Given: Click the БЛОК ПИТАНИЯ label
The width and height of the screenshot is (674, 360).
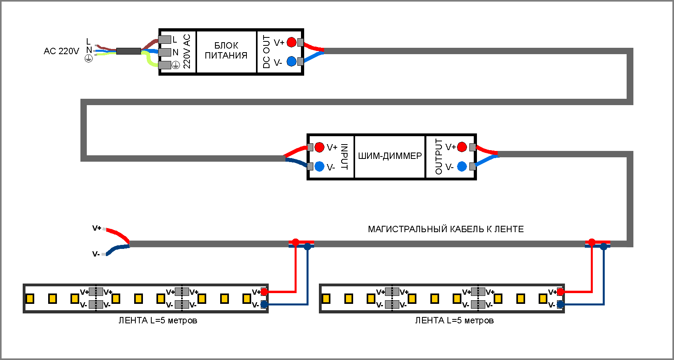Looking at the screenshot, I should pyautogui.click(x=226, y=51).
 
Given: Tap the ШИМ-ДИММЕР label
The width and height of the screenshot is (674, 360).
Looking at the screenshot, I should pyautogui.click(x=390, y=156).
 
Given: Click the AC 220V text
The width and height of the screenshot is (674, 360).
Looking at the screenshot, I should pyautogui.click(x=61, y=51).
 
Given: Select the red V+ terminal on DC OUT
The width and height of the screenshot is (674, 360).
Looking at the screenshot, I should pyautogui.click(x=291, y=42).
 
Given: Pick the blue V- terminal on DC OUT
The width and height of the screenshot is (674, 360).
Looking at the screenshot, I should pyautogui.click(x=291, y=61).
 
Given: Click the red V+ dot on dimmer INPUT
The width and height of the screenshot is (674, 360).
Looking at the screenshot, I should pyautogui.click(x=319, y=147).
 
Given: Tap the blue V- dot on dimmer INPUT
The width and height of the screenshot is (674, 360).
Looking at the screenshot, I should pyautogui.click(x=319, y=166).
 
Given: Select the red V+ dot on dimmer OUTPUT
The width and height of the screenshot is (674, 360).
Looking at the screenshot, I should pyautogui.click(x=462, y=147).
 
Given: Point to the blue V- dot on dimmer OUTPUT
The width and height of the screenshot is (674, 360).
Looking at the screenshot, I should pyautogui.click(x=462, y=166).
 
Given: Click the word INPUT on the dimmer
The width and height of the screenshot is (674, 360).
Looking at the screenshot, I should pyautogui.click(x=345, y=157).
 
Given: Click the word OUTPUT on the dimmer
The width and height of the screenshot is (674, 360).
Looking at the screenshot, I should pyautogui.click(x=439, y=157).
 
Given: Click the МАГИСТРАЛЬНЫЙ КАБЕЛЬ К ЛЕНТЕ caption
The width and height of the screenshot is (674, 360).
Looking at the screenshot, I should pyautogui.click(x=445, y=229).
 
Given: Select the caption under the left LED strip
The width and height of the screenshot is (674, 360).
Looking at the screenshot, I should pyautogui.click(x=158, y=321).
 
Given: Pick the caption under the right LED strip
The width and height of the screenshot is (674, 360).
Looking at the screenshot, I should pyautogui.click(x=454, y=321).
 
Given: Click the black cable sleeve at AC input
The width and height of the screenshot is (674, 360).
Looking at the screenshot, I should pyautogui.click(x=128, y=51).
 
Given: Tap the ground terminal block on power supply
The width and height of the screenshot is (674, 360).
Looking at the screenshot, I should pyautogui.click(x=165, y=65).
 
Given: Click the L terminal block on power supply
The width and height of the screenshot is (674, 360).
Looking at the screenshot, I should pyautogui.click(x=165, y=39).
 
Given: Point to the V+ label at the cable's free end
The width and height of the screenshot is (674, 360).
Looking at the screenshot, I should pyautogui.click(x=97, y=228).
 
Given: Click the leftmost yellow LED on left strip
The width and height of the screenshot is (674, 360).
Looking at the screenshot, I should pyautogui.click(x=30, y=299).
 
